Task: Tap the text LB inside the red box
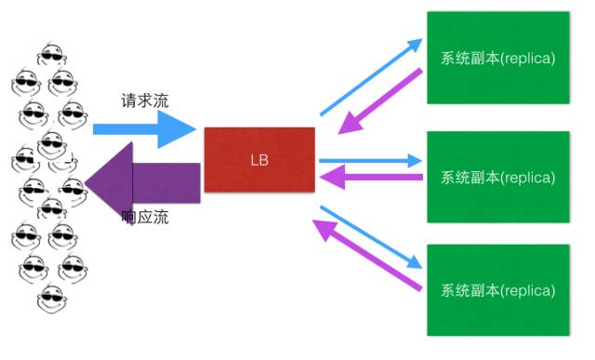pyautogui.click(x=259, y=159)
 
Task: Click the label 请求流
pyautogui.click(x=144, y=100)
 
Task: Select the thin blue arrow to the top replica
pyautogui.click(x=370, y=77)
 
